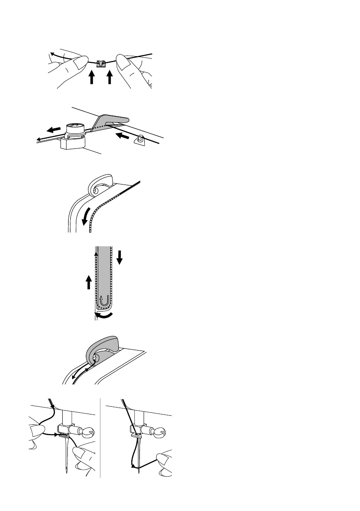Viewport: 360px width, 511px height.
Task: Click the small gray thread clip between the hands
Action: coord(101,64)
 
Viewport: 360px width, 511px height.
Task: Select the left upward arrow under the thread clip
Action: coord(91,78)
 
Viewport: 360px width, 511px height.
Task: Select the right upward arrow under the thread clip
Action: coord(110,78)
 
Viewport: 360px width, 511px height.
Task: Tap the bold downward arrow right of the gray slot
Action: coord(120,257)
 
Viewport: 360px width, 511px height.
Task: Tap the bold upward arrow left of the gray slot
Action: coord(88,283)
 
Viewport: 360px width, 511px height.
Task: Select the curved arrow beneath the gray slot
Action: coord(104,316)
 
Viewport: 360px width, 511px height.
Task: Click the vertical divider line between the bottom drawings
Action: coord(100,438)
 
